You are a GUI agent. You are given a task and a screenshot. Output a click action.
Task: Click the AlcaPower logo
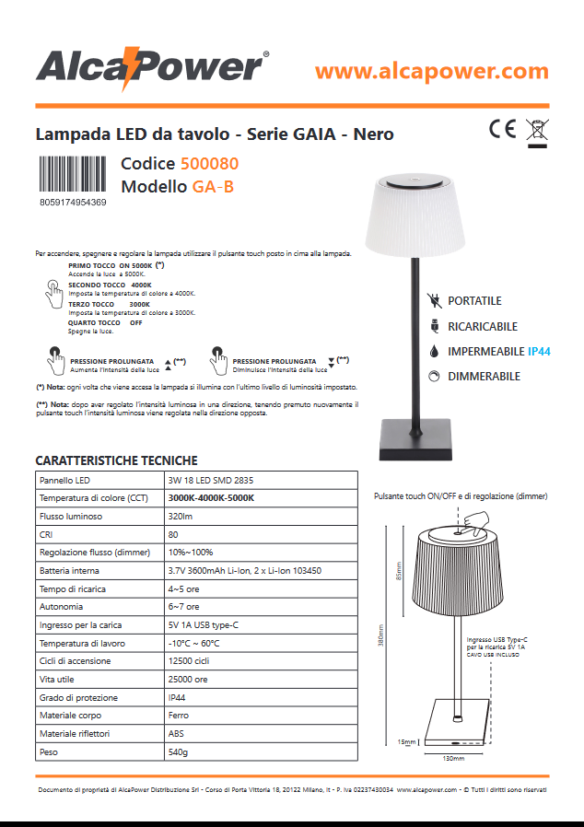point(152,69)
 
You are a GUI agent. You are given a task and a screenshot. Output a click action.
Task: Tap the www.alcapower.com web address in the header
point(431,70)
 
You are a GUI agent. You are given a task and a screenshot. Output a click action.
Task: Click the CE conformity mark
point(502,128)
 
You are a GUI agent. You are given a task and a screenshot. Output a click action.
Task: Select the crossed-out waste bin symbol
point(536,131)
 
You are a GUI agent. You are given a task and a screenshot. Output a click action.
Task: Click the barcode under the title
point(73,175)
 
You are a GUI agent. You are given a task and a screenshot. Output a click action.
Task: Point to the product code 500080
point(209,164)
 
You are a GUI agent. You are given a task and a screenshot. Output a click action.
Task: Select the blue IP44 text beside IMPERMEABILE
point(539,352)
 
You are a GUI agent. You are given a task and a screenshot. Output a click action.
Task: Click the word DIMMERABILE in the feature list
point(484,377)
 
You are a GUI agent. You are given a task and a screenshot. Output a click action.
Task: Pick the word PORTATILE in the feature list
point(474,301)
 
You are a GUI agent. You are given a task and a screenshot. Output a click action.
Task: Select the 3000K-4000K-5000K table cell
point(210,498)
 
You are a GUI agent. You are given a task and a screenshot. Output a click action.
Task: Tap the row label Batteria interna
point(69,571)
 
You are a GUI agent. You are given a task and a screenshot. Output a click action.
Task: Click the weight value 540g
point(177,752)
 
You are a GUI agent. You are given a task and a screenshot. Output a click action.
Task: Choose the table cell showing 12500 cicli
point(188,661)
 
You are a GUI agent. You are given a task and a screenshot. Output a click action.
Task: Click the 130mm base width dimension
point(453,758)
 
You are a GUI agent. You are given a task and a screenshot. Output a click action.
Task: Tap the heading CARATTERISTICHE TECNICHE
point(116,460)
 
